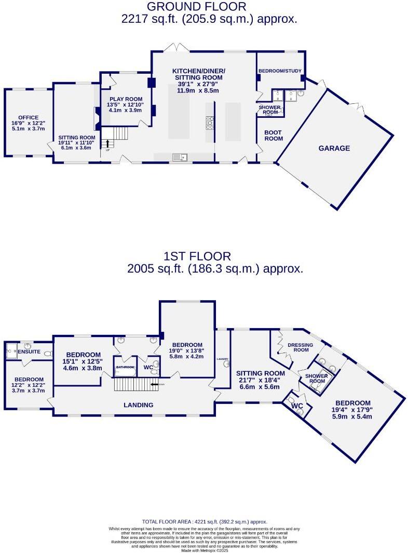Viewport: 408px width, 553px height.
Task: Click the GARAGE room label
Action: [334, 148]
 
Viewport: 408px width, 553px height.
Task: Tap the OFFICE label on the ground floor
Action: [25, 117]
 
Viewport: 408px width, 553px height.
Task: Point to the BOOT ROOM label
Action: [274, 136]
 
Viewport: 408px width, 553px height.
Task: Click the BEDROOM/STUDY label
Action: [280, 71]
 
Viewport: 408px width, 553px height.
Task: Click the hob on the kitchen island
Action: [211, 123]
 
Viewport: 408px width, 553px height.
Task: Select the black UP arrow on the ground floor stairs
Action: [108, 143]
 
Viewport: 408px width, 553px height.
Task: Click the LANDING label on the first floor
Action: [138, 404]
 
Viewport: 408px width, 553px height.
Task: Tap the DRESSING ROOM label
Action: [301, 347]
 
